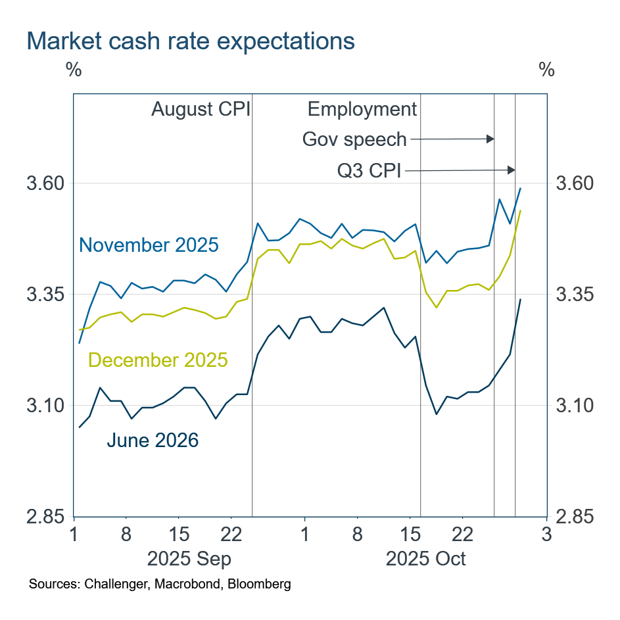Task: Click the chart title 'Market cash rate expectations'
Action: (191, 41)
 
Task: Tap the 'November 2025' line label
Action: (149, 245)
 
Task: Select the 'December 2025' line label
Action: (158, 360)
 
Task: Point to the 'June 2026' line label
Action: (153, 440)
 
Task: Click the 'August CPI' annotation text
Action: (201, 108)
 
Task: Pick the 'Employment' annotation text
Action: (362, 108)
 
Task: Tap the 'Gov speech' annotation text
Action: (354, 139)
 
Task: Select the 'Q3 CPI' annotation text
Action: (369, 171)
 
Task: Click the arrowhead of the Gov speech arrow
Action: (490, 139)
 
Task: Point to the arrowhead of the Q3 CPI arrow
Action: (512, 170)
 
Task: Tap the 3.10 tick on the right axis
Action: (576, 405)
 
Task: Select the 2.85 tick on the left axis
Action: (47, 516)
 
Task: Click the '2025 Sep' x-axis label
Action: (189, 559)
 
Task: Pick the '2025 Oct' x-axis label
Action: (426, 559)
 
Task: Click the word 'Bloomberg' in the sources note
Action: (263, 584)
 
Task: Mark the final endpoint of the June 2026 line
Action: (521, 300)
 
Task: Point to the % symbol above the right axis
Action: (546, 70)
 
